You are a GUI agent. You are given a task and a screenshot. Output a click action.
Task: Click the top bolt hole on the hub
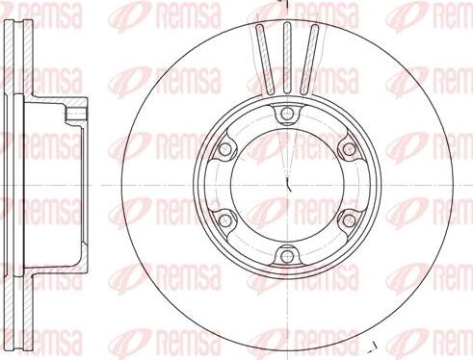point(287,114)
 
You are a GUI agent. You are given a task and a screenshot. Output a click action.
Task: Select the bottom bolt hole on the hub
point(287,256)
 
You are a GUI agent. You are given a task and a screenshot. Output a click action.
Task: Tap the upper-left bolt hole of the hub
point(225,149)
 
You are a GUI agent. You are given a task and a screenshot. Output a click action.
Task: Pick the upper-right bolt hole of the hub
point(349,149)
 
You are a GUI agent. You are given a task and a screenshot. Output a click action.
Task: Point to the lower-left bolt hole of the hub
point(225,219)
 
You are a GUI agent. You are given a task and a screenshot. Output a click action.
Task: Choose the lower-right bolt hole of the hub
point(349,219)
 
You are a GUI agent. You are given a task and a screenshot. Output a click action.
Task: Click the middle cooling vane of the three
point(287,58)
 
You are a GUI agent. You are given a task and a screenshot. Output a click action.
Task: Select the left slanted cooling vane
point(265,60)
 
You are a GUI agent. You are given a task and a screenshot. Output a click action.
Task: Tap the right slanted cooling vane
point(309,60)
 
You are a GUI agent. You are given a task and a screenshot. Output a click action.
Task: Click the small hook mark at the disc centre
point(288,186)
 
